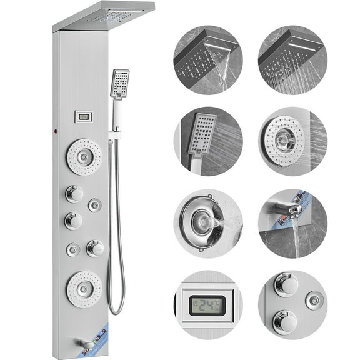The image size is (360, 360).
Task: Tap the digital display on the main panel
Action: coord(83,116)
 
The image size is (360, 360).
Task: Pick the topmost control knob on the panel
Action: coord(74,194)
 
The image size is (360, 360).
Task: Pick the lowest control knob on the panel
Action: coord(95,248)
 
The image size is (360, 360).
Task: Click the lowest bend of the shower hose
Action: coord(115,311)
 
